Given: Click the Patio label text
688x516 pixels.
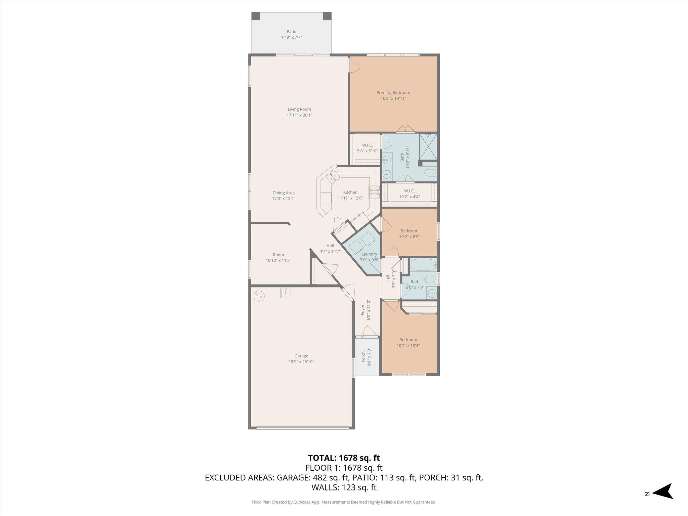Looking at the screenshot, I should [291, 32].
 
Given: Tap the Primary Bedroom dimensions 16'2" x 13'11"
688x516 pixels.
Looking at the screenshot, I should [393, 99].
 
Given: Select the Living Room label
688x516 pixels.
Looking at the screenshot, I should [299, 109].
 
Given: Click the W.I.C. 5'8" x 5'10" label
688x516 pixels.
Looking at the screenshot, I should [367, 148].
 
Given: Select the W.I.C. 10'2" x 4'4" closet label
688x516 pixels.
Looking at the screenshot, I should [409, 194].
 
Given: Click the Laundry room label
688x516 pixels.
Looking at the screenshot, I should [369, 254].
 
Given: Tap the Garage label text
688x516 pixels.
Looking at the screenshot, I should [301, 356].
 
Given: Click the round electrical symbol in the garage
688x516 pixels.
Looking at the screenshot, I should [259, 296].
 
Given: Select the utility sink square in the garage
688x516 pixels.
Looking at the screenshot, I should [286, 292].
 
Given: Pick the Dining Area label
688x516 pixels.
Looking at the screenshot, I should [283, 193].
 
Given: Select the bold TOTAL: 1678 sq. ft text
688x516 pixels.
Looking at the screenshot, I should [344, 458].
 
